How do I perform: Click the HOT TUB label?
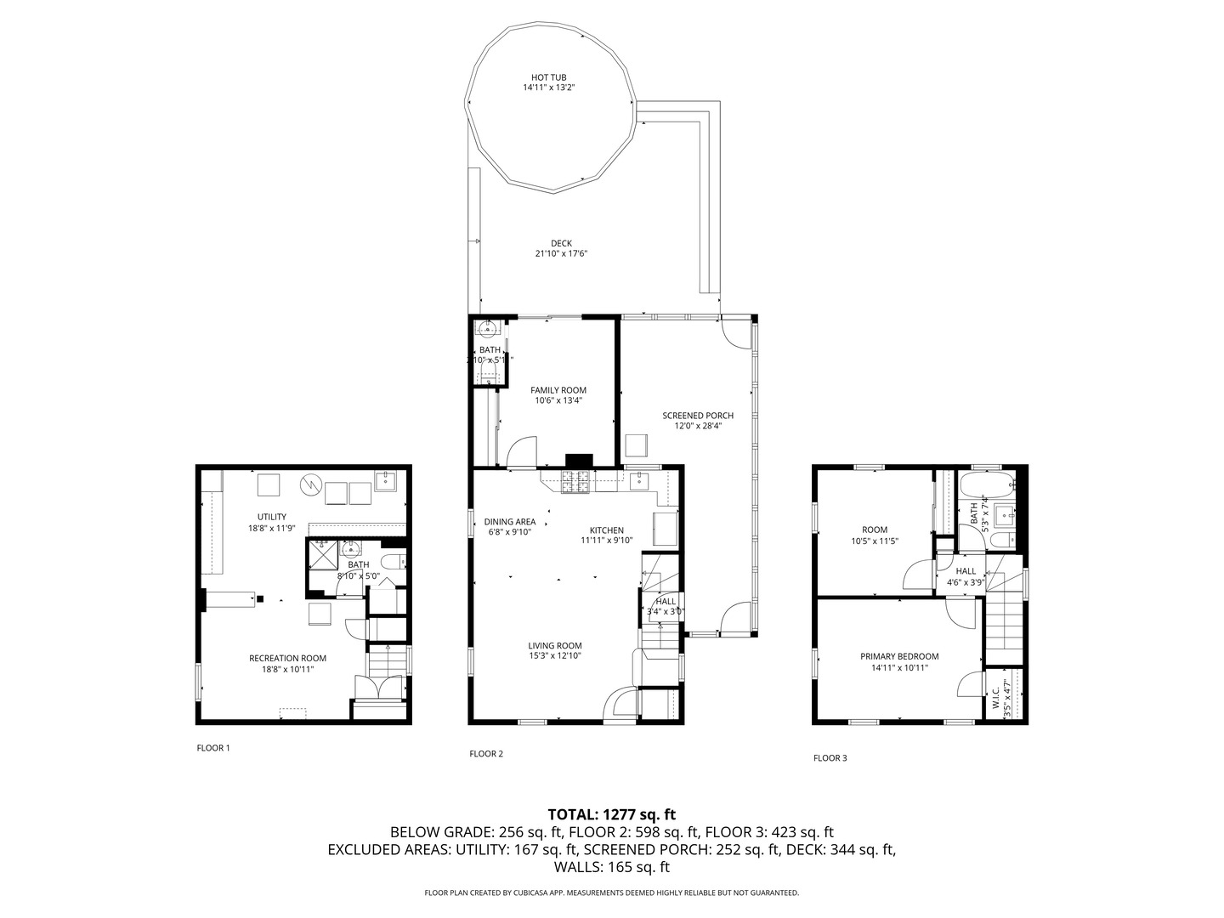tap(549, 77)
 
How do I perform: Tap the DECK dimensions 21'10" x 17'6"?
tap(561, 253)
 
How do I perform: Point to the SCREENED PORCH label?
tap(698, 416)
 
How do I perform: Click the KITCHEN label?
tap(607, 530)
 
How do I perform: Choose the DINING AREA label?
tap(510, 522)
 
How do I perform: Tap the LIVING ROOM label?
tap(555, 645)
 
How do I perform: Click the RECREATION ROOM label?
tap(287, 658)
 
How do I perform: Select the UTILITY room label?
tap(272, 517)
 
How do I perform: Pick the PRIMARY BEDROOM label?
tap(899, 656)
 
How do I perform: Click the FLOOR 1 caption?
tap(212, 748)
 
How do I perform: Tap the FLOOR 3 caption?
tap(830, 757)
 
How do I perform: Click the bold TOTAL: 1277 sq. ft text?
tap(612, 814)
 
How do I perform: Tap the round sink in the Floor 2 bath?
tap(488, 328)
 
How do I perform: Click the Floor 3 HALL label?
tap(966, 571)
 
